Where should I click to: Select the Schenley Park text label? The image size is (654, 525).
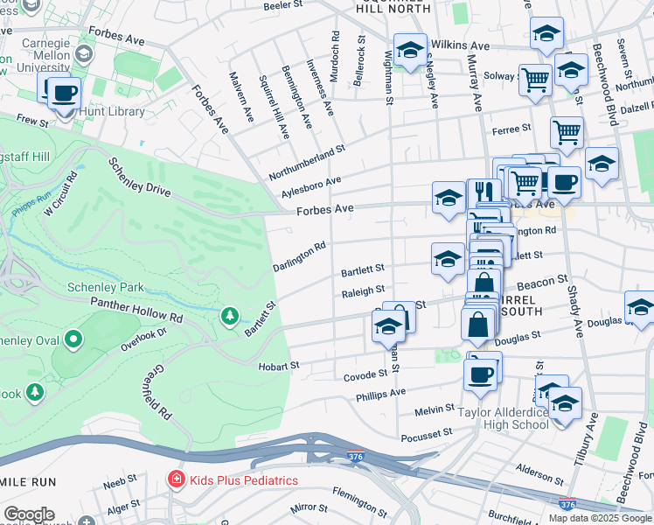tap(104, 287)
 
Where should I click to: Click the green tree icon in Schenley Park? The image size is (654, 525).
tap(229, 315)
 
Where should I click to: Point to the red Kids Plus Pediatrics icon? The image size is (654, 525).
tap(176, 480)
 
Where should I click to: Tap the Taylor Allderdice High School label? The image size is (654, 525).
tap(504, 417)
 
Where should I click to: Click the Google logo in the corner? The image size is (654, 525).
tap(30, 514)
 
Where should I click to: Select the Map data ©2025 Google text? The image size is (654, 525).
tap(600, 518)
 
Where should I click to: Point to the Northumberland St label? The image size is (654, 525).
tap(307, 164)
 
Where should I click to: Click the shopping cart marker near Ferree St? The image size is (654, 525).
tap(567, 134)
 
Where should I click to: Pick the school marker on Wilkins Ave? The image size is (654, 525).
tap(409, 51)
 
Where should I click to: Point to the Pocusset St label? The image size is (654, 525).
tap(426, 432)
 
